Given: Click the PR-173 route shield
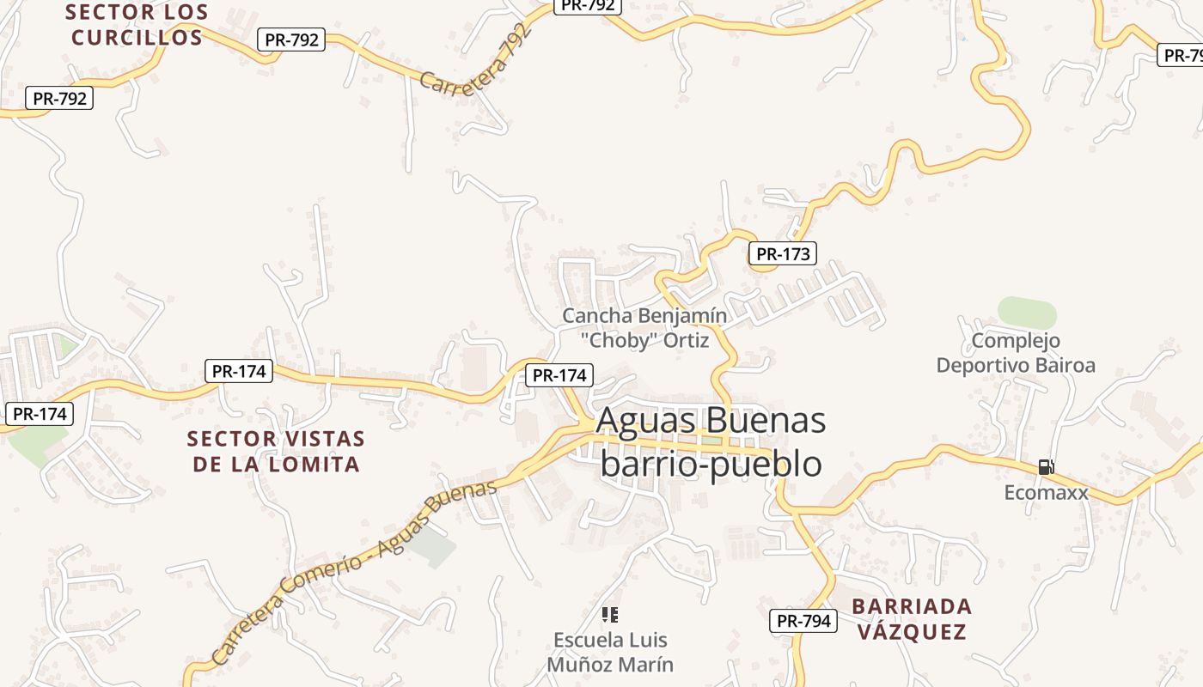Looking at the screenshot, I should (x=781, y=253).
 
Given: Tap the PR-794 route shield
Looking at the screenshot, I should (x=803, y=621).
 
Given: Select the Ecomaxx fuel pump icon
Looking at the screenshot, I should (x=1046, y=467).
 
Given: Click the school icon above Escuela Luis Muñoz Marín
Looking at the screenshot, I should (x=610, y=615).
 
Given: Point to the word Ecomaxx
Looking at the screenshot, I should (x=1046, y=493).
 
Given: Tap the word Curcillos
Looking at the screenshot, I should (x=137, y=38).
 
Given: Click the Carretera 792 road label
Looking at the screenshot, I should (x=476, y=60).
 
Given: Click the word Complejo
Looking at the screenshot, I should (x=1016, y=341).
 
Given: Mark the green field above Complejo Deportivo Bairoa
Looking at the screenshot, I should (x=1027, y=313).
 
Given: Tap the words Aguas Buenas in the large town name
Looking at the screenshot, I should (x=711, y=421).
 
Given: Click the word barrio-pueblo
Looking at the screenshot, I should (x=711, y=464).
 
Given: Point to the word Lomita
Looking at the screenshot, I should (x=311, y=465).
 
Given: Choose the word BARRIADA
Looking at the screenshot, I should (x=912, y=607).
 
